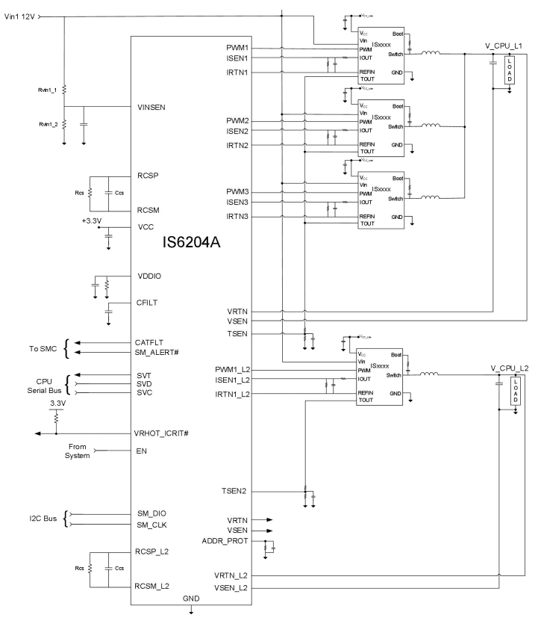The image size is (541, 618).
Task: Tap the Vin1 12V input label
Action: pos(19,16)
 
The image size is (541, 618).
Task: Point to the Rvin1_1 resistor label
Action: pos(43,89)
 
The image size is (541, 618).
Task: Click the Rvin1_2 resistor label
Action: pos(43,124)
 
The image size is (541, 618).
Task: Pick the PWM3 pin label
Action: pos(237,192)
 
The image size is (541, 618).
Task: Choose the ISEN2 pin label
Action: pos(237,131)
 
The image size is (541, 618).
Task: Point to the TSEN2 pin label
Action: pos(235,491)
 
